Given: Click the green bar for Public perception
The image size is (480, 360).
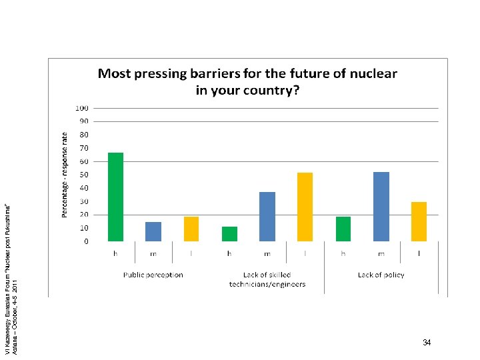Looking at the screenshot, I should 115,197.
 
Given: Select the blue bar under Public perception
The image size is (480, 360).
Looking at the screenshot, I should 153,231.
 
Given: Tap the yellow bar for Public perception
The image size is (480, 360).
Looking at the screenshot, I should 191,229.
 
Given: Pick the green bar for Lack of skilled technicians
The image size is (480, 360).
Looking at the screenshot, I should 229,234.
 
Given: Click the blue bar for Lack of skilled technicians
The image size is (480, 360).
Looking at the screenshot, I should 267,216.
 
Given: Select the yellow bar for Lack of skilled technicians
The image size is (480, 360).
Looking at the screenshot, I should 305,207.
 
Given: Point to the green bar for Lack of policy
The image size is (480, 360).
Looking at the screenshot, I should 343,229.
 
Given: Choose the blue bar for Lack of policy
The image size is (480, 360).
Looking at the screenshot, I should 381,207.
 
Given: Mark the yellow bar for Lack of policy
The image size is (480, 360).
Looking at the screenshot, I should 419,221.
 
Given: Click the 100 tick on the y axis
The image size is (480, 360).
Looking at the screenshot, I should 82,108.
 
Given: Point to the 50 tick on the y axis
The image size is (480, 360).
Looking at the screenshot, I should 84,175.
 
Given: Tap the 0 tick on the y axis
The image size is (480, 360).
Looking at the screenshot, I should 86,241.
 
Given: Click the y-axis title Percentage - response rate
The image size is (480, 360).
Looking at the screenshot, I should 65,174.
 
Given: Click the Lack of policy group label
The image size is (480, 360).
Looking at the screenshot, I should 381,275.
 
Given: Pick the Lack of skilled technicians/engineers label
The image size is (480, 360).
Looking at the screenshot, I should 267,279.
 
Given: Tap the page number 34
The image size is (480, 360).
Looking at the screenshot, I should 427,343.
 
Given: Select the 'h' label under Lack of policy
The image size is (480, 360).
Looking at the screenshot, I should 343,253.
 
